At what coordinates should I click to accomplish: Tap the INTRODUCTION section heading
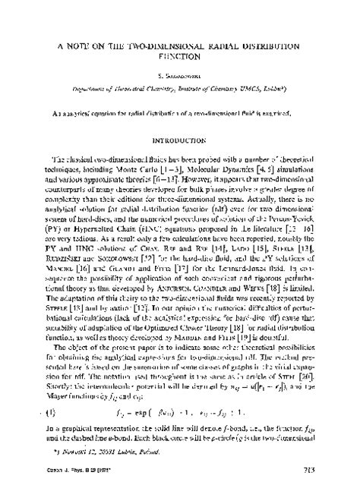point(180,140)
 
